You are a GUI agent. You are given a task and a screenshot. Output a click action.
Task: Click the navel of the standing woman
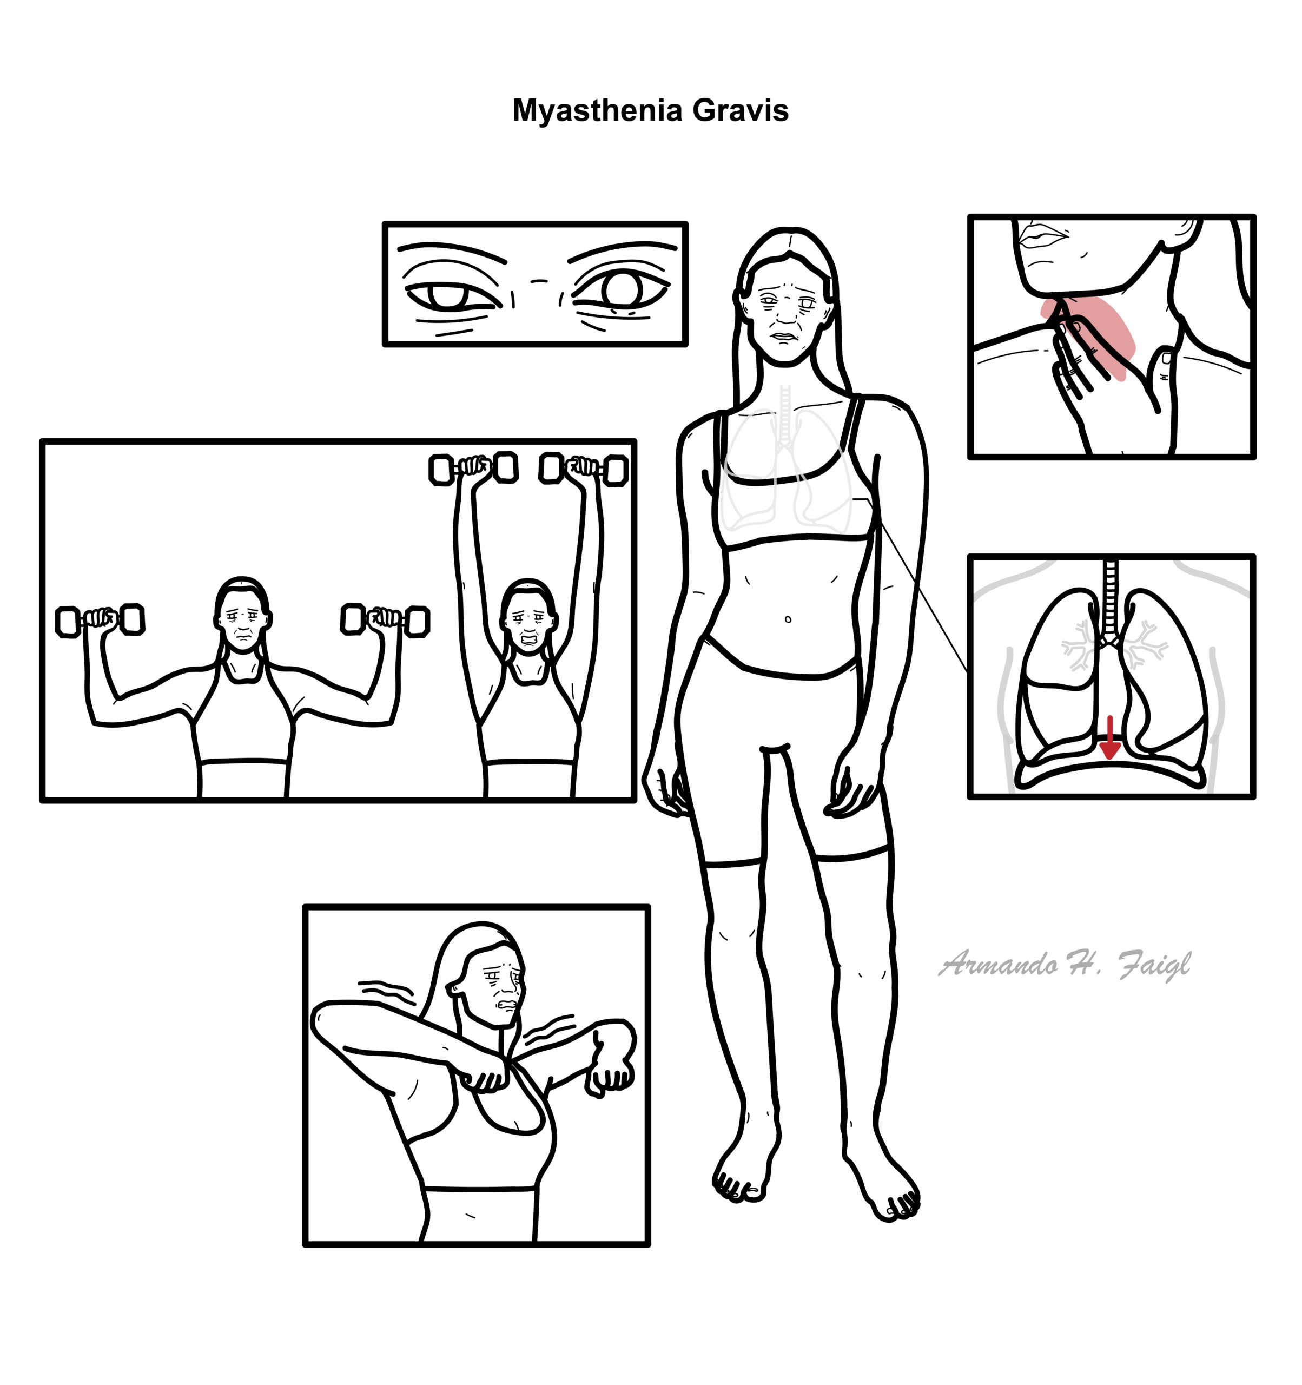pyautogui.click(x=788, y=619)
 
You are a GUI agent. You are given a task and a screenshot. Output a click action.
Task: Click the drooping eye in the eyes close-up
pyautogui.click(x=453, y=296)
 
